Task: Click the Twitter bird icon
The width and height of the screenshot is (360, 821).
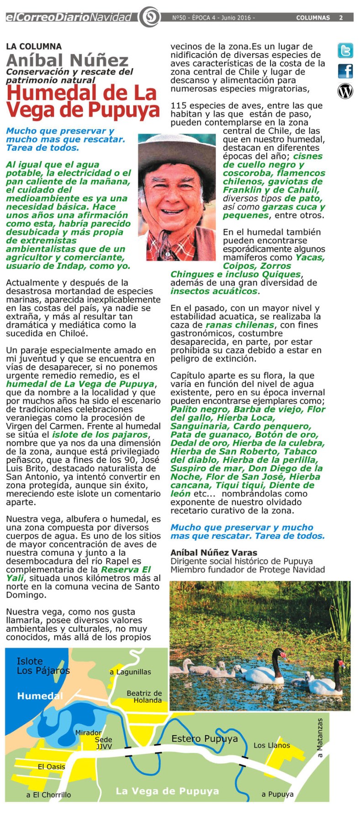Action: tap(345, 51)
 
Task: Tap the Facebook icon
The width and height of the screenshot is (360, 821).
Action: tap(345, 71)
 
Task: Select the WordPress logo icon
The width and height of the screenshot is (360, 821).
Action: tap(345, 91)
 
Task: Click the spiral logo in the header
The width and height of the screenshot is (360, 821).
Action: tap(149, 17)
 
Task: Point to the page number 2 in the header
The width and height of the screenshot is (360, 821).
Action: tap(341, 18)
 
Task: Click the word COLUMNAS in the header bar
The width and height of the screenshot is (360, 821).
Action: tap(313, 18)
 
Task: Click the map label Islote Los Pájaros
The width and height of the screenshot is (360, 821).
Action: tap(43, 666)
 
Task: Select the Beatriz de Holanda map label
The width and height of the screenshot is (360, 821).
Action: tap(144, 696)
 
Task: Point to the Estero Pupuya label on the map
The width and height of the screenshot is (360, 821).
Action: tap(204, 738)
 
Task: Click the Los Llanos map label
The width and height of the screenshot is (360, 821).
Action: tap(272, 745)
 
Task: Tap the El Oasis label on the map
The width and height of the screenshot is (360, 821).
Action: tap(51, 767)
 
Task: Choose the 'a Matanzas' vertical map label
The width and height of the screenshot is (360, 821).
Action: tap(320, 738)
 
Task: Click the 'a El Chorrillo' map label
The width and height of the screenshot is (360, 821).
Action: tap(48, 795)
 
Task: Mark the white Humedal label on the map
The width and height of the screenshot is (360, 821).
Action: tap(40, 696)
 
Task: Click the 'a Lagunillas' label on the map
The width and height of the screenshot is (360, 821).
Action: tap(130, 672)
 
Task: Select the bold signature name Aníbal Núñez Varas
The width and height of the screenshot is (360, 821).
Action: tap(214, 553)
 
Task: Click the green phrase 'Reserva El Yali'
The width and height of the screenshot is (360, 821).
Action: tap(126, 569)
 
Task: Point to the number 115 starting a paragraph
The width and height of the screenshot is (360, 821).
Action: tap(178, 105)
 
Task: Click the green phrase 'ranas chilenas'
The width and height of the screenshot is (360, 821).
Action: tap(240, 325)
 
